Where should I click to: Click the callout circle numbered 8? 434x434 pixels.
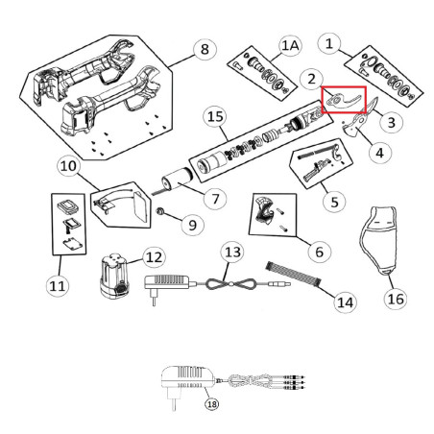(x=202, y=48)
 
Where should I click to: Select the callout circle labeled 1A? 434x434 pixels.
(x=289, y=45)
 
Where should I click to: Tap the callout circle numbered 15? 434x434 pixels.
(x=216, y=117)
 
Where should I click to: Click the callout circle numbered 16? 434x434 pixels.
(x=395, y=299)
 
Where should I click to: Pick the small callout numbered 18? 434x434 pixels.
(x=211, y=404)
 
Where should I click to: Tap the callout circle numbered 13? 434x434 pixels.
(x=231, y=253)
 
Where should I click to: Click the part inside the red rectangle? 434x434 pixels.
(x=342, y=98)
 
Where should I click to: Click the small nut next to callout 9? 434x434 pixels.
(x=164, y=210)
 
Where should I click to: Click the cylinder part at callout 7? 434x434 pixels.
(x=177, y=181)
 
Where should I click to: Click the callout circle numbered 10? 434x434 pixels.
(x=68, y=167)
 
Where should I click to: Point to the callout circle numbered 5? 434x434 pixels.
(x=334, y=203)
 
